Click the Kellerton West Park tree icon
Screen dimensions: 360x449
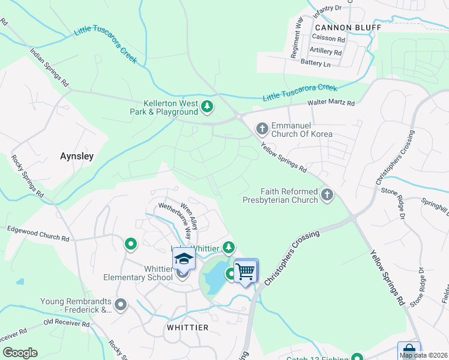(x=207, y=107)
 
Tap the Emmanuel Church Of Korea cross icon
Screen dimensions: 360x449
(x=262, y=128)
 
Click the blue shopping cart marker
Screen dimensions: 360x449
(x=245, y=271)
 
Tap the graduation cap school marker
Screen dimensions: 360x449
(x=184, y=260)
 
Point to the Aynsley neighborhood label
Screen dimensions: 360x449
(x=77, y=156)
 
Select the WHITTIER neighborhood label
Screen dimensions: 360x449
(x=187, y=328)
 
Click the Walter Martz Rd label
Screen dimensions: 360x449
(x=331, y=103)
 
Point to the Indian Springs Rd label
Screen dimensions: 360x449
(x=49, y=66)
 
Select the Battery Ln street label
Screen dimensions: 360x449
(x=316, y=63)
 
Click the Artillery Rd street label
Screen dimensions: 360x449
(x=325, y=52)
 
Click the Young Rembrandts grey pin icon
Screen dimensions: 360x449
(x=121, y=305)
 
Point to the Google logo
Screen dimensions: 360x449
(x=20, y=353)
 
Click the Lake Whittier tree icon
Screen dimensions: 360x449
(x=228, y=247)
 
